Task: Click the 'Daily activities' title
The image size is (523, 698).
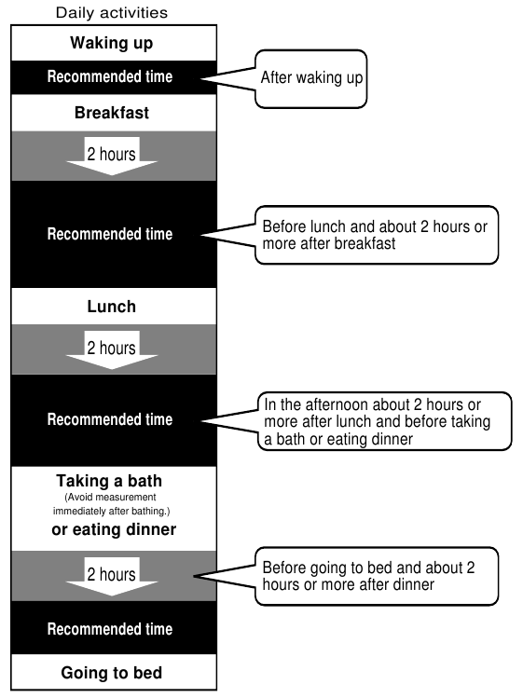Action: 112,12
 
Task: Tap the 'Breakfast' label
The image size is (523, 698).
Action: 112,113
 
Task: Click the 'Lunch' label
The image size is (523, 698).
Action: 112,307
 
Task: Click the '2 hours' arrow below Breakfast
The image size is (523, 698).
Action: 112,156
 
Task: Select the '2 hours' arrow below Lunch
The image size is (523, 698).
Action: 112,349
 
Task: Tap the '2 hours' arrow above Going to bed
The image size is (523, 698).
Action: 112,577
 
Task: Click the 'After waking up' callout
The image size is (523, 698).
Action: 311,79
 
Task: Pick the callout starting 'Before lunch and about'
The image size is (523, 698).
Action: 377,235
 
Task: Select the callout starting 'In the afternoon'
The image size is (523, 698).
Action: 384,421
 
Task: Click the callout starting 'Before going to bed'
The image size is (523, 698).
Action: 377,576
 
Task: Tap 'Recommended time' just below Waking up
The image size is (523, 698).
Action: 110,76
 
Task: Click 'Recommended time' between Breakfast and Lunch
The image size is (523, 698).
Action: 110,234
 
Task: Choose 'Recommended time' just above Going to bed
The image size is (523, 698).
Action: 110,629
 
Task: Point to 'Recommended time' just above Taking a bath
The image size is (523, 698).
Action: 110,419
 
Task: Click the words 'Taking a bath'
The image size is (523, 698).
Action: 109,481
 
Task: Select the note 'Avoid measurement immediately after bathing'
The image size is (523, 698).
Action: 111,504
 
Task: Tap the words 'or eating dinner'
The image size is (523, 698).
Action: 114,529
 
